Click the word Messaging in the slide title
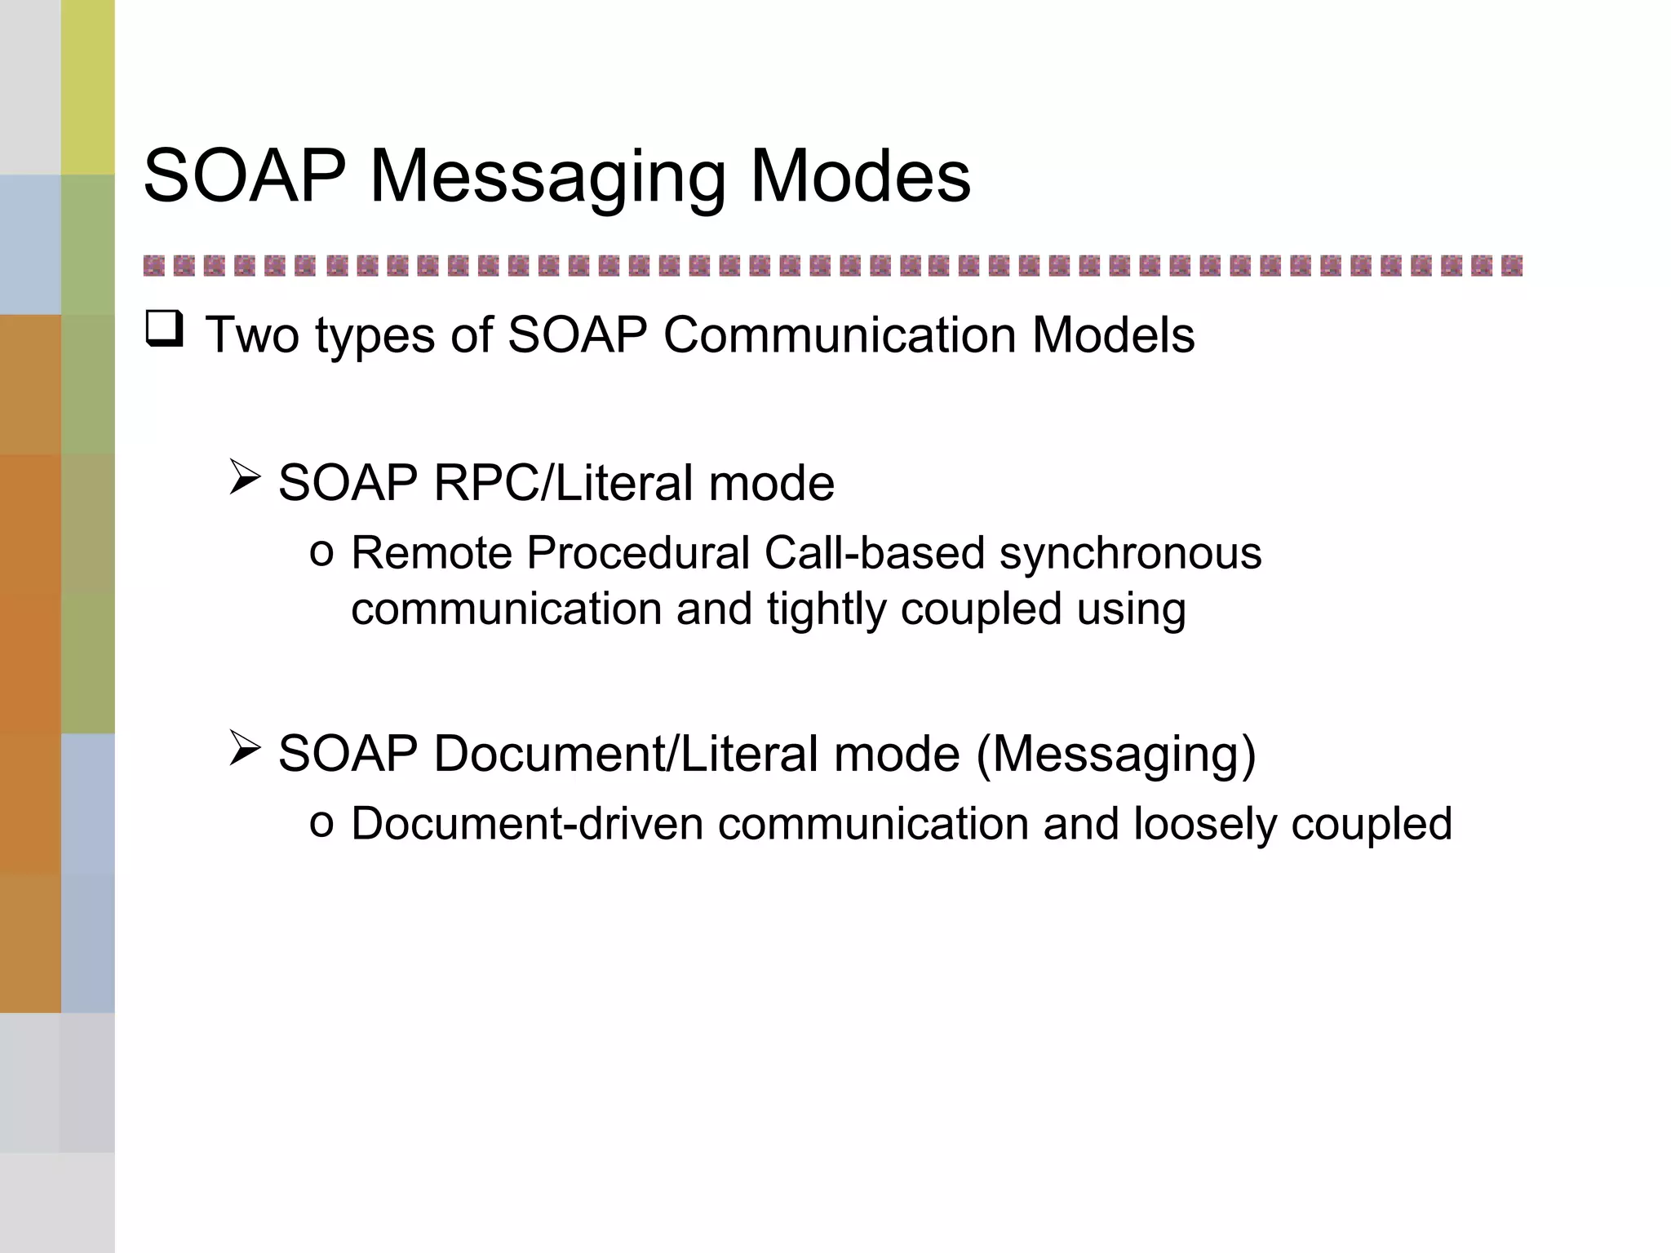pyautogui.click(x=547, y=178)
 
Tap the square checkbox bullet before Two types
pyautogui.click(x=164, y=330)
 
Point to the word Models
pyautogui.click(x=1113, y=335)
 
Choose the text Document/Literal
pyautogui.click(x=626, y=754)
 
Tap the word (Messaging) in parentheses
pyautogui.click(x=1115, y=755)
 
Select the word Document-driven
pyautogui.click(x=527, y=824)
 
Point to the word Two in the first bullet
pyautogui.click(x=252, y=335)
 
